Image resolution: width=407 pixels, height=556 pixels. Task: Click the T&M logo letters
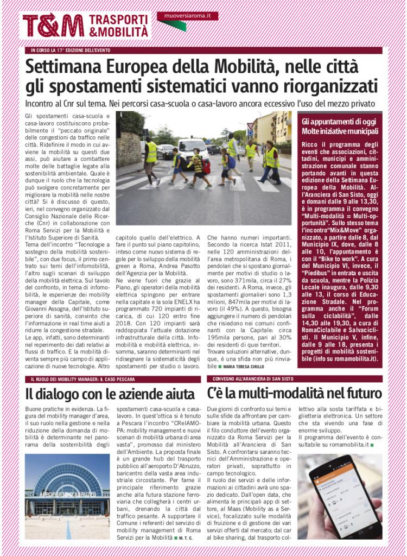(53, 25)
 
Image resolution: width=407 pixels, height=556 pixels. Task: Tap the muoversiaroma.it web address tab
(187, 16)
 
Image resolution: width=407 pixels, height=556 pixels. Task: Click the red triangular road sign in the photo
(250, 127)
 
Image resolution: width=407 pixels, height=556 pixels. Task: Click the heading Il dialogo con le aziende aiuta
(110, 393)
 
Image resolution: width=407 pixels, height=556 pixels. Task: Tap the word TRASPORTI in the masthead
(118, 20)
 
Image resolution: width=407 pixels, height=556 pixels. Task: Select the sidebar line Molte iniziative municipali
(340, 131)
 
